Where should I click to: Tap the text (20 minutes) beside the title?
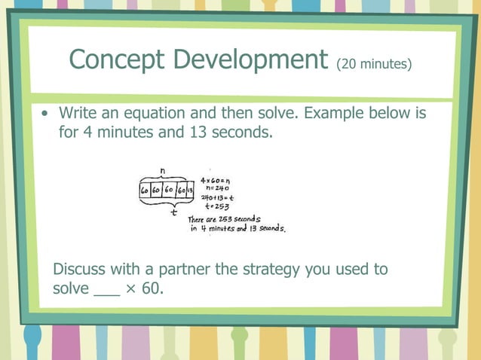375,63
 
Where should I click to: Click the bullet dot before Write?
47,114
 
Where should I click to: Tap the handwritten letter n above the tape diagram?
164,171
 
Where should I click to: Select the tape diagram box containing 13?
190,191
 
